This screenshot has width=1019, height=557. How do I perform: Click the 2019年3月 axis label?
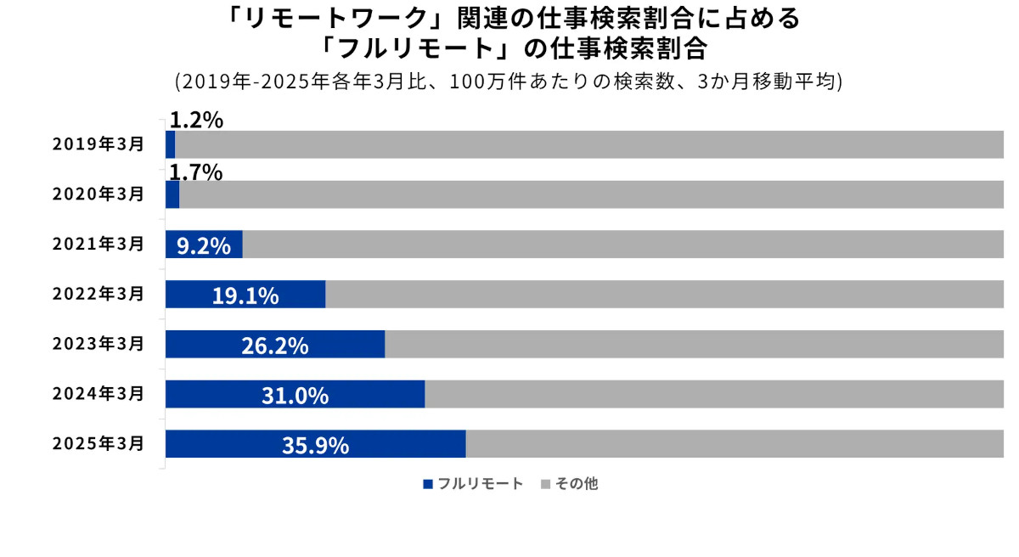tap(98, 144)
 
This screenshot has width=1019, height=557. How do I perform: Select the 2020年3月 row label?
tap(98, 194)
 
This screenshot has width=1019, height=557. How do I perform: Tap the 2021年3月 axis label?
tap(98, 245)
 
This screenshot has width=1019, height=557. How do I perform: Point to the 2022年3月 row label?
tap(98, 295)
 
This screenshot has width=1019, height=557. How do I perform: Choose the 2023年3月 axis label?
tap(98, 344)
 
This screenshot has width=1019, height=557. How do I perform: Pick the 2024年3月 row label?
tap(98, 394)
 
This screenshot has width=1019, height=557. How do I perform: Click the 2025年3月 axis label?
tap(98, 444)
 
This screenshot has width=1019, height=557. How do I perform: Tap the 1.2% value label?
tap(196, 121)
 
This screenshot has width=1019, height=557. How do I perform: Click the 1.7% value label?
tap(196, 172)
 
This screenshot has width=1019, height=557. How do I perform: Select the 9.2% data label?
tap(204, 246)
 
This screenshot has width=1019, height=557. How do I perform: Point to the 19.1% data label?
tap(245, 295)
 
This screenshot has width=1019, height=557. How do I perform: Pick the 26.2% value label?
tap(274, 346)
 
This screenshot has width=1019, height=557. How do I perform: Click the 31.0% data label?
tap(295, 396)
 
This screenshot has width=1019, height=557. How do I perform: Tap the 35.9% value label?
tap(315, 446)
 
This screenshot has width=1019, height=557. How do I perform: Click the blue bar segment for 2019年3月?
tap(170, 144)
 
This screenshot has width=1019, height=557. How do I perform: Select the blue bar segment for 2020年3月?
tap(172, 194)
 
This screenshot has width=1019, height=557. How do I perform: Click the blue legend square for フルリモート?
tap(428, 484)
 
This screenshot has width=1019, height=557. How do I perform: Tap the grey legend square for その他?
tap(546, 484)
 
